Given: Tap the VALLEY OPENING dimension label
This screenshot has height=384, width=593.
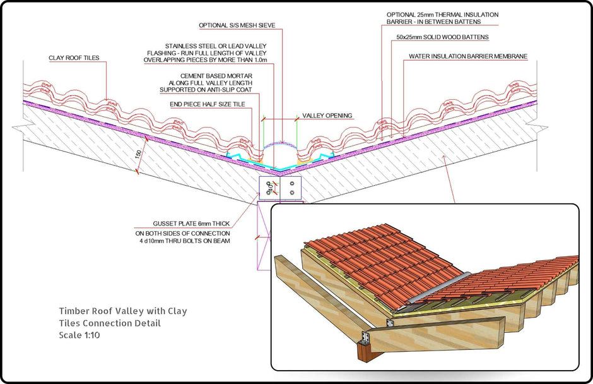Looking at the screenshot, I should coord(327,116).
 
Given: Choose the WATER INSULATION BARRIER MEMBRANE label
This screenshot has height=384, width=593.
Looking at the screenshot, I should coord(467,56).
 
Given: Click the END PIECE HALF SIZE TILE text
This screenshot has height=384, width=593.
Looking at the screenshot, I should coord(208,104).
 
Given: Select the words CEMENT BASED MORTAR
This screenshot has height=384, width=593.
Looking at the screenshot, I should coord(216,75).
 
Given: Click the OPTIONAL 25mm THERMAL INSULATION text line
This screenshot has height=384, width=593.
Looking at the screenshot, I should coord(442,14).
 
